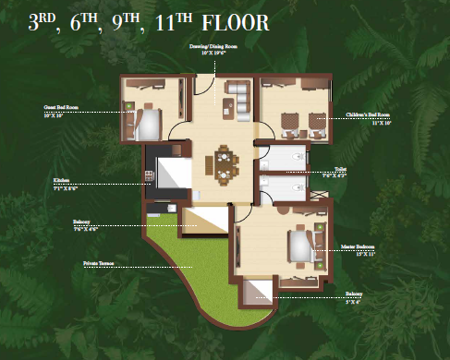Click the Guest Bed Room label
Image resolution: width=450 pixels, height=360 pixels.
58,108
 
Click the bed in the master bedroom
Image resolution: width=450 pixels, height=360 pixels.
299,246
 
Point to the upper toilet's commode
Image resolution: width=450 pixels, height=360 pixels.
294,159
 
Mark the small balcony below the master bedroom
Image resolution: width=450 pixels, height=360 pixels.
258,294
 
